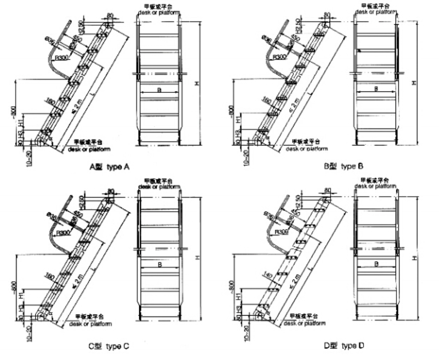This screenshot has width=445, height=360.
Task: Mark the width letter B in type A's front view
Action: click(159, 91)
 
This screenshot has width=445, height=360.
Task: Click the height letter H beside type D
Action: click(415, 258)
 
